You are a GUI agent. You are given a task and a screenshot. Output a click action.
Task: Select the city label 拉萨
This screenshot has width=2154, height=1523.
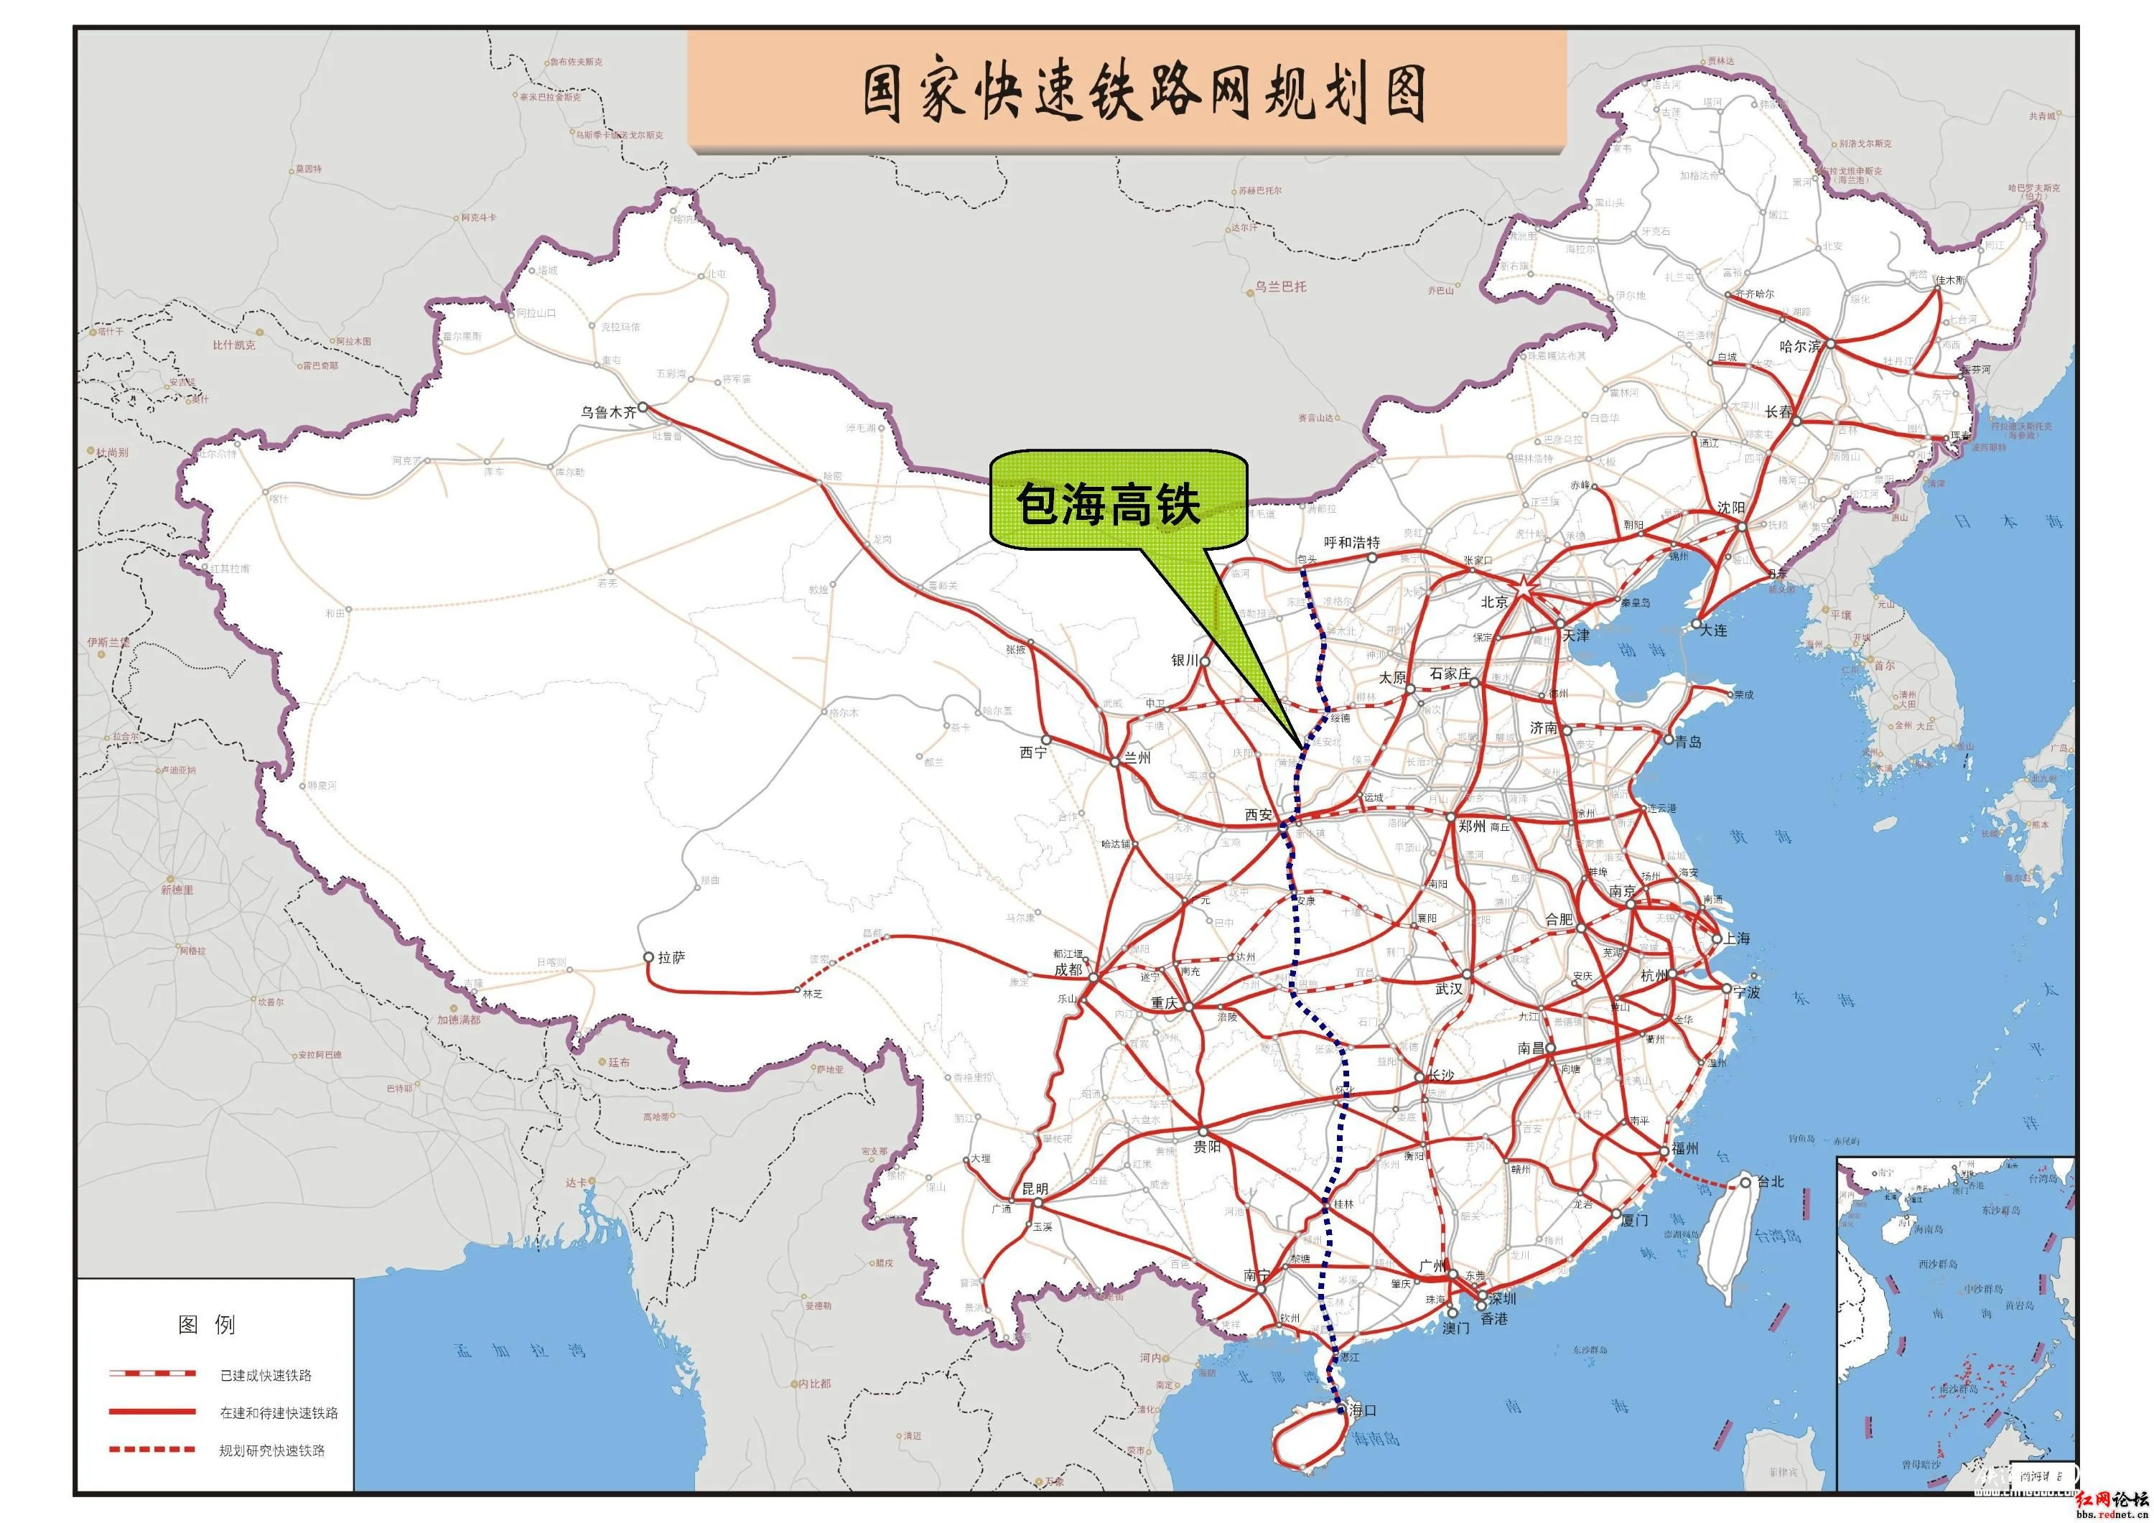672,957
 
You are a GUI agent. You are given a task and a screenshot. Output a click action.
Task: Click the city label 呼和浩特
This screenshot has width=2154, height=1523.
1352,542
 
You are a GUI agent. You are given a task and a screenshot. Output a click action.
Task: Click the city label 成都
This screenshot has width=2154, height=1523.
1068,969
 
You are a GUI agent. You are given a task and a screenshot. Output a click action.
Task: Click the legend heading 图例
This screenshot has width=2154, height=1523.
206,1325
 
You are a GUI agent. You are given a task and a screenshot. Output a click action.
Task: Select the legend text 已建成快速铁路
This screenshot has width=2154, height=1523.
266,1376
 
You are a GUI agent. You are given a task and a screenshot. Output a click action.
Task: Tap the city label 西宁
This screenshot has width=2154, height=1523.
1033,753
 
